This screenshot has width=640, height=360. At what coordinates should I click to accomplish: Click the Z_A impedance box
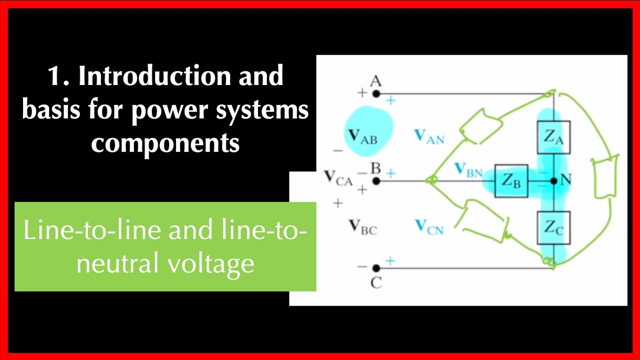tap(553, 137)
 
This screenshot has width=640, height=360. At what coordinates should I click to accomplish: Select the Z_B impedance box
tap(511, 181)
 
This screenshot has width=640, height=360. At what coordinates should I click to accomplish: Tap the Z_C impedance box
tap(553, 227)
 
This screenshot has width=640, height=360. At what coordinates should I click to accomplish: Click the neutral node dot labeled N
tap(553, 181)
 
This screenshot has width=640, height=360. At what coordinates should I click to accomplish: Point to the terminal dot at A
tap(376, 93)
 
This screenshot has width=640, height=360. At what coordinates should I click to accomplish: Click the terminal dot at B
tap(376, 181)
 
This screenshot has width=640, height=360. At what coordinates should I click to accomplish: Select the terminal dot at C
tap(376, 268)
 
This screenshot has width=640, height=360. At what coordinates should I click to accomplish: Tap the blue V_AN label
tap(429, 136)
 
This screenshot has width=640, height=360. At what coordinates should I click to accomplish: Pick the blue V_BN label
tap(468, 171)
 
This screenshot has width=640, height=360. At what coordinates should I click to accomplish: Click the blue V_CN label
tap(429, 227)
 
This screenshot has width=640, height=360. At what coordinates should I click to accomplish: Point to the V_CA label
tap(338, 178)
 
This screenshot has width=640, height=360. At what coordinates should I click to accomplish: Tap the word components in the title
tap(165, 143)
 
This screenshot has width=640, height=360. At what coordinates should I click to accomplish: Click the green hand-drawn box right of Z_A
tap(603, 178)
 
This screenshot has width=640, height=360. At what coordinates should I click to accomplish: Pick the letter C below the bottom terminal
tap(376, 283)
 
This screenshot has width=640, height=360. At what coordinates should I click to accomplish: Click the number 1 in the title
tap(54, 76)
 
